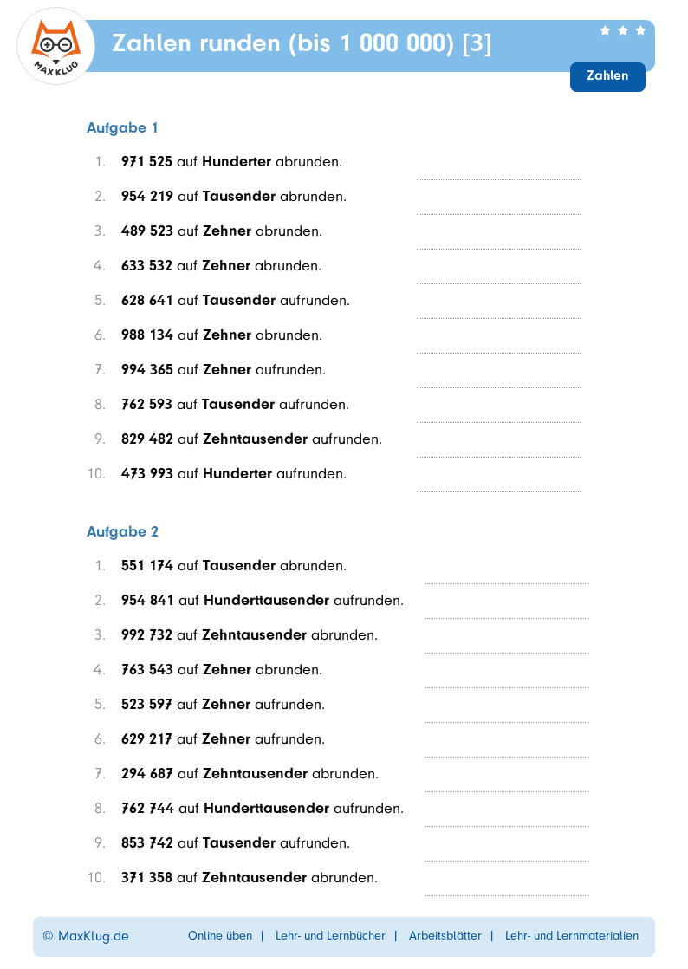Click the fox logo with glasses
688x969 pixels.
[55, 46]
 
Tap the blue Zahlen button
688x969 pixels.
[607, 76]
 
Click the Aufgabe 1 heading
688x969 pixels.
[122, 127]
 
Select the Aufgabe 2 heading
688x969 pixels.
[122, 531]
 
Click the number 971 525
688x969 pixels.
[146, 161]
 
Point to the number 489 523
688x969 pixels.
[146, 231]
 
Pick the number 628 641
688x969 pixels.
[146, 300]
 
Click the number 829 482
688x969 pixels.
[146, 439]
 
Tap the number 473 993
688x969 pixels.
[146, 473]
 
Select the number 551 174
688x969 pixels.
[146, 565]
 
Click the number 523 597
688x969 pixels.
[146, 704]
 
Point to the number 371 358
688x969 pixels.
[146, 877]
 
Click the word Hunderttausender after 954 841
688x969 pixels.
[266, 600]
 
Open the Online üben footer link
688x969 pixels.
[220, 936]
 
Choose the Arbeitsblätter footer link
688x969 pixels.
[445, 936]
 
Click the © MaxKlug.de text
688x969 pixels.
[86, 936]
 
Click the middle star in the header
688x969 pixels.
[622, 30]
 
